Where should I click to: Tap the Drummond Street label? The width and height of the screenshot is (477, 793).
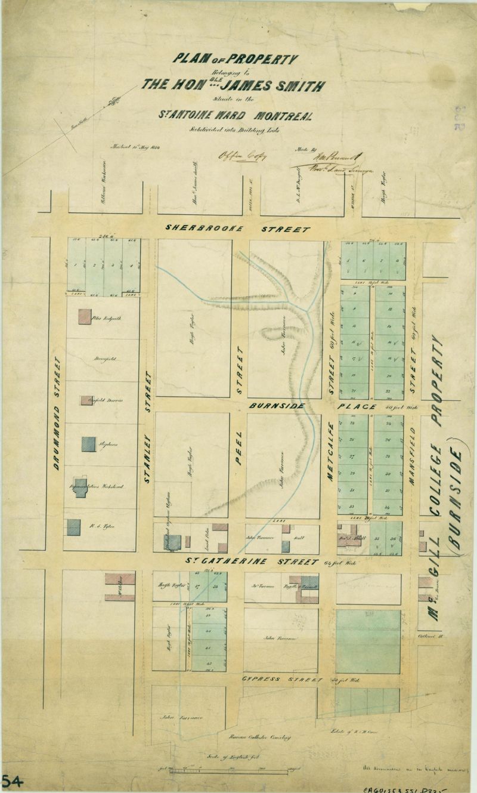coord(57,413)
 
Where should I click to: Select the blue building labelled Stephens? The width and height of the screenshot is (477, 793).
coord(88,445)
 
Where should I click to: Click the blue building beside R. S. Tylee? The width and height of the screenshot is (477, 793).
coord(73,527)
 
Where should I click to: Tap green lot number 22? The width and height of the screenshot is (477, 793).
coord(389,391)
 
